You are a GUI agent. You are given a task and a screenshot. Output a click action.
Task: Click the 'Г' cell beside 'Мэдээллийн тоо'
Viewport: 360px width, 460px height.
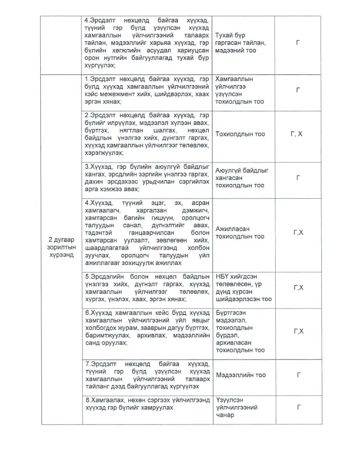pyautogui.click(x=298, y=375)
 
